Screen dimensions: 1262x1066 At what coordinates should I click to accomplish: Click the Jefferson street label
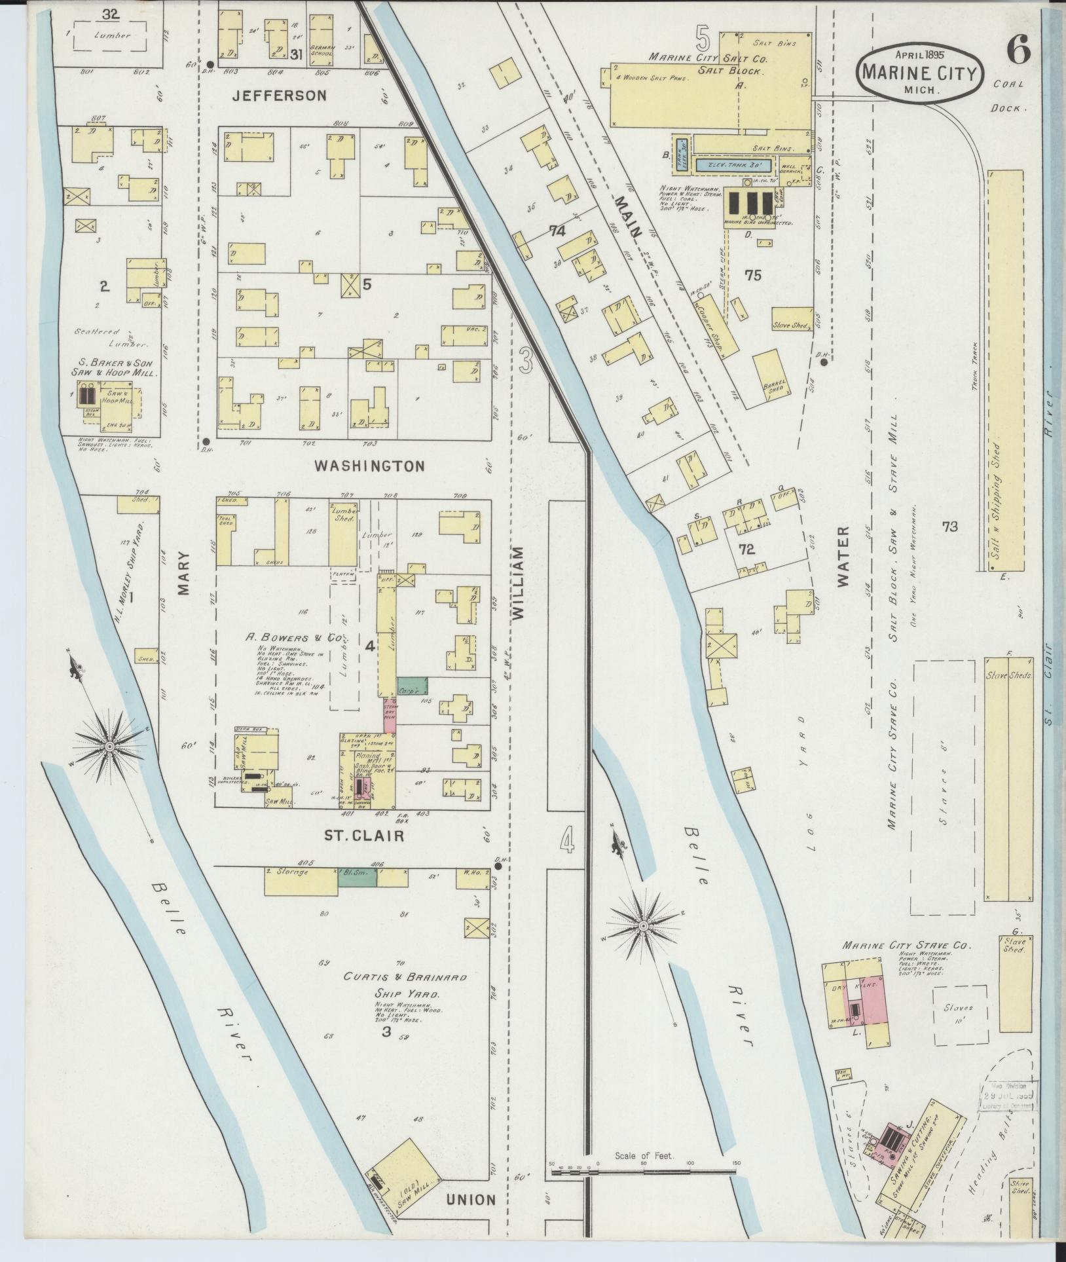pos(279,96)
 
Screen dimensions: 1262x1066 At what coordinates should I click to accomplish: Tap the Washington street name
pos(370,466)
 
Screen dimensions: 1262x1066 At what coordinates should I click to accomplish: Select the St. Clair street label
pos(363,836)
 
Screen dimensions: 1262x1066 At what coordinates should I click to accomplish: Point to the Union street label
pos(471,1200)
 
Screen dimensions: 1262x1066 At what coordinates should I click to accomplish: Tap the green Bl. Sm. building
pos(358,878)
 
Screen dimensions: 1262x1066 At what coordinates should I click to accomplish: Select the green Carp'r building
pos(412,687)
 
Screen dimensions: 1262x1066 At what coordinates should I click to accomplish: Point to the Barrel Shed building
pos(773,379)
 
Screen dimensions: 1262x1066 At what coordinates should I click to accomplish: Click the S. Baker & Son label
pos(115,367)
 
